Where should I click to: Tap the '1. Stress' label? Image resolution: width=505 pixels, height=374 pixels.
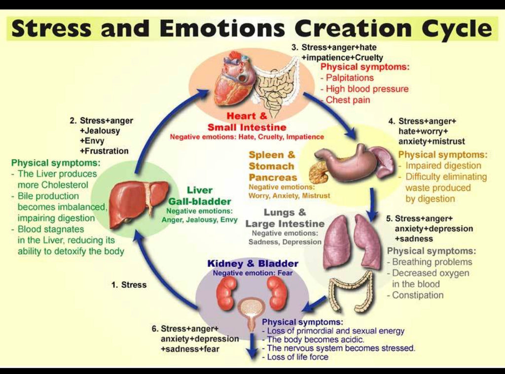pos(129,285)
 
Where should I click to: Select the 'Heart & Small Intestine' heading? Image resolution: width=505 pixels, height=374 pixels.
pos(247,122)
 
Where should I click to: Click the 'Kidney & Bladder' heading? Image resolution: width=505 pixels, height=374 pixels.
pos(252,264)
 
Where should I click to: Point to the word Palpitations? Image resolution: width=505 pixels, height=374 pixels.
pos(350,77)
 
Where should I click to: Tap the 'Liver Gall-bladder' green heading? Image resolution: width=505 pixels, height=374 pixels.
pos(200,196)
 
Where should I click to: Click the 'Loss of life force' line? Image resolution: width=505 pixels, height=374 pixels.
pos(297,357)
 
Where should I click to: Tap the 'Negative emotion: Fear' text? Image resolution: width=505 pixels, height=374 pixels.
pos(252,273)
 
